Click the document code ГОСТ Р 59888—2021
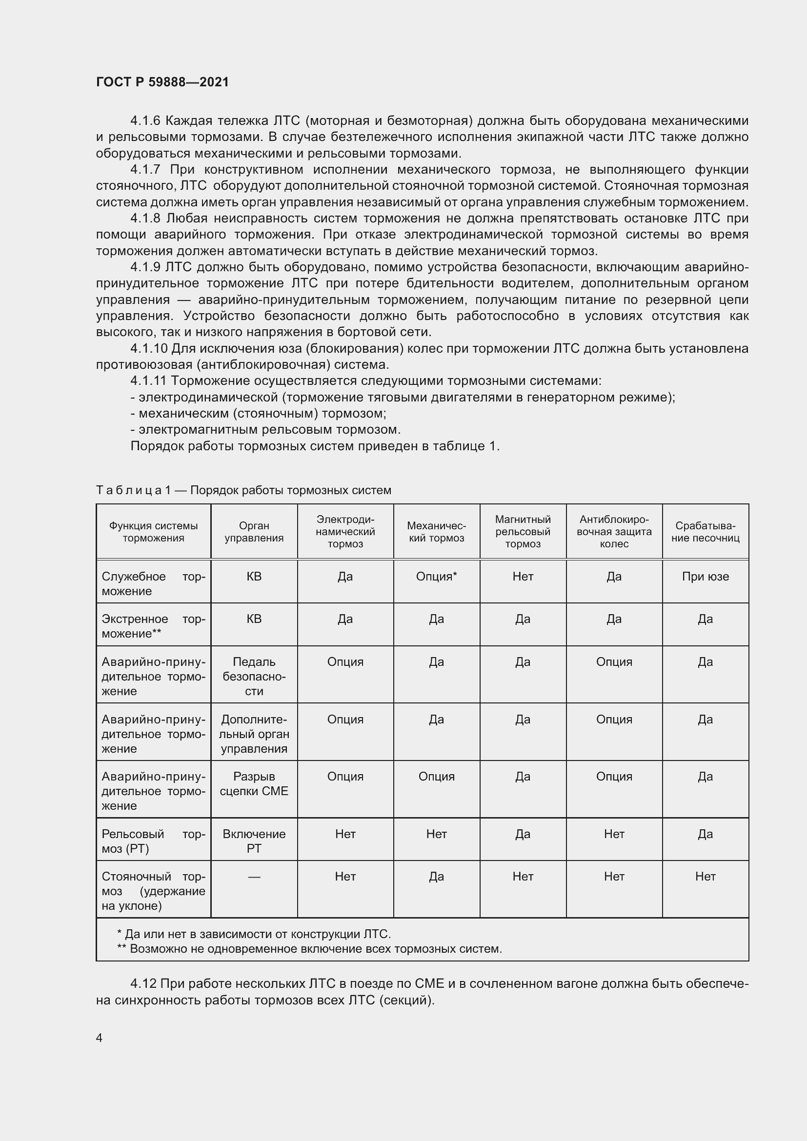[x=162, y=82]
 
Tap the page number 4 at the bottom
[x=100, y=1038]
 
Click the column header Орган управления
[x=254, y=532]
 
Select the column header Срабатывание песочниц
[x=705, y=532]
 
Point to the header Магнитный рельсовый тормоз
[x=523, y=532]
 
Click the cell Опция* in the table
[x=436, y=577]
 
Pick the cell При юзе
[x=705, y=577]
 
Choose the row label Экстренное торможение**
[x=153, y=626]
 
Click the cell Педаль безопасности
[x=254, y=676]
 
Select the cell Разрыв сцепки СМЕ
[x=254, y=784]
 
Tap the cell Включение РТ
[x=254, y=841]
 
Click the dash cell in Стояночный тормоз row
[x=254, y=877]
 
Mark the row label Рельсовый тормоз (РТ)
[x=153, y=841]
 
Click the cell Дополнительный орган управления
[x=254, y=734]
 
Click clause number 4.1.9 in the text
[x=145, y=267]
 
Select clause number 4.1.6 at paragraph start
[x=145, y=121]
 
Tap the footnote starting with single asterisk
[x=254, y=934]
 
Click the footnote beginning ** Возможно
[x=309, y=949]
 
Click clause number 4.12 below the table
[x=143, y=983]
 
